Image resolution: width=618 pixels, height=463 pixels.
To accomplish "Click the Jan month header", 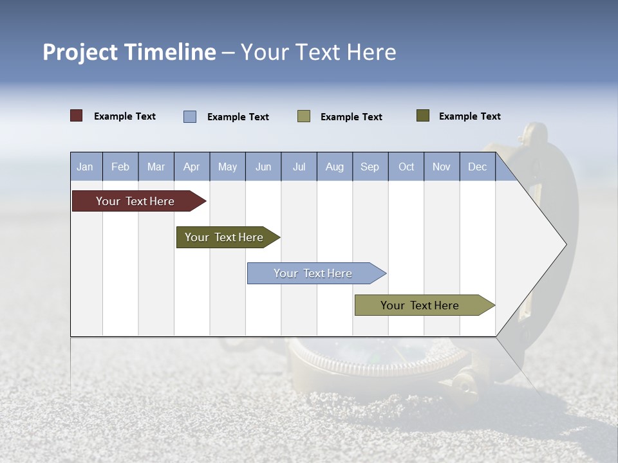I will pos(86,167).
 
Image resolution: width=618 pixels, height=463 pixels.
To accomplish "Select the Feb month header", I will pos(120,167).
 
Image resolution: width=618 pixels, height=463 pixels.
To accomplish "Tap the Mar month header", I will pos(156,167).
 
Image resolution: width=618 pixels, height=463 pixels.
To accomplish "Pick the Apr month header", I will pos(192,167).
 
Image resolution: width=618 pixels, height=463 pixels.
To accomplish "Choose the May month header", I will pos(227,167).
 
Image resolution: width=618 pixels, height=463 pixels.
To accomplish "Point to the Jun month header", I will pos(263,167).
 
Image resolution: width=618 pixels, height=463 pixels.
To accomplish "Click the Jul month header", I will pos(299,167).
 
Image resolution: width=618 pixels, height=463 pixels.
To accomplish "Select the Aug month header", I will pos(335,167).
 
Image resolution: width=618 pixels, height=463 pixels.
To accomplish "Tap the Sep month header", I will pos(370,167).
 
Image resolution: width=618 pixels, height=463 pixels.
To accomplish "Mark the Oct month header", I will pos(406,167).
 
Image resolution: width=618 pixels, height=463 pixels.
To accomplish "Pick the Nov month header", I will pos(442,167).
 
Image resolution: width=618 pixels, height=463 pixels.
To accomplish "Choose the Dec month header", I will pos(478,167).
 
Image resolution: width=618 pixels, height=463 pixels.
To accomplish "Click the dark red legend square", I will pos(77,116).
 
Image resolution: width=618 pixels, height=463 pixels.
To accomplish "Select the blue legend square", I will pos(190,116).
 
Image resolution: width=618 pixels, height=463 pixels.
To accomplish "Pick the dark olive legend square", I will pos(423,116).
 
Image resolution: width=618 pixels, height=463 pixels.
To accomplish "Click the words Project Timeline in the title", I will pos(129,52).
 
